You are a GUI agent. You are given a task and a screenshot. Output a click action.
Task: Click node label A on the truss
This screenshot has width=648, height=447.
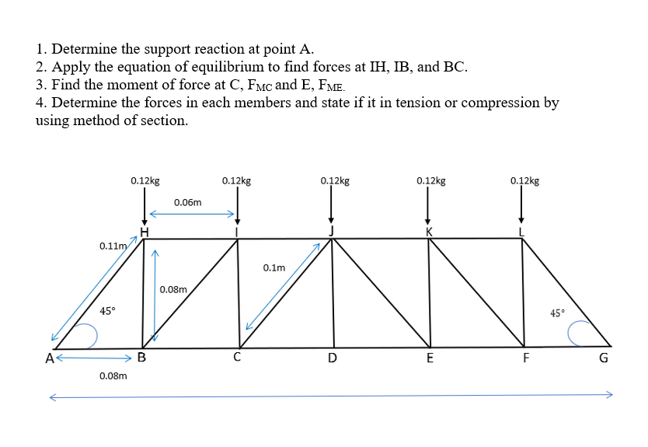[x=50, y=358]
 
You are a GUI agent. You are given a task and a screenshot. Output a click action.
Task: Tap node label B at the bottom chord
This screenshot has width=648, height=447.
[x=141, y=358]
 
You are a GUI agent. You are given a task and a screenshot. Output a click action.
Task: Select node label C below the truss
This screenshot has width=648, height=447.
[x=237, y=358]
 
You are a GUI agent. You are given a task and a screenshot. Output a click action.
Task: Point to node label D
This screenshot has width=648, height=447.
[x=333, y=358]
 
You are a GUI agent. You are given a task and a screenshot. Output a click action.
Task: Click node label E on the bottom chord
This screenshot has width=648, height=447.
[x=429, y=358]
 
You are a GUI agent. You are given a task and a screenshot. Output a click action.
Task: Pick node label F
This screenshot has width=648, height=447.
[x=526, y=358]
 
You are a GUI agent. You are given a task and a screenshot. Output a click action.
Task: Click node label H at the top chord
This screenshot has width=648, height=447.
[x=144, y=230]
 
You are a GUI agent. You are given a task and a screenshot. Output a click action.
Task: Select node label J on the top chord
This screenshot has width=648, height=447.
[x=331, y=230]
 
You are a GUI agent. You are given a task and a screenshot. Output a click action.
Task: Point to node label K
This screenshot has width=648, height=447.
[x=428, y=231]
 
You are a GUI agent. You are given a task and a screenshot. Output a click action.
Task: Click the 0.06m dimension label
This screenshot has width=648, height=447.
[x=188, y=202]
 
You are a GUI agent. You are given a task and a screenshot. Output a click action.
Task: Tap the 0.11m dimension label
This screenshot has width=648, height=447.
[x=113, y=246]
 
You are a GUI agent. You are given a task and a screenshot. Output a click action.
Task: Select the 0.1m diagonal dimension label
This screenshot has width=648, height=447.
[x=273, y=267]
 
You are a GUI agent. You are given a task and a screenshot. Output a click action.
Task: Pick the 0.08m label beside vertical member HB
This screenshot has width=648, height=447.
[x=173, y=289]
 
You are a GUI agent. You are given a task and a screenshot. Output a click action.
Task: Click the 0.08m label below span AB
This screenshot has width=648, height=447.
[x=113, y=375]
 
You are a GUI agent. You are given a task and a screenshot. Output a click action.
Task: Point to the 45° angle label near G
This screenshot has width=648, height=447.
[x=557, y=313]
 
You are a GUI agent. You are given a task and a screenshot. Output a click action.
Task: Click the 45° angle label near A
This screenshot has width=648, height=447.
[x=108, y=311]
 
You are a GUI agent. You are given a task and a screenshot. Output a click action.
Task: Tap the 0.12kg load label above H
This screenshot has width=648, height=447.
[x=145, y=180]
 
